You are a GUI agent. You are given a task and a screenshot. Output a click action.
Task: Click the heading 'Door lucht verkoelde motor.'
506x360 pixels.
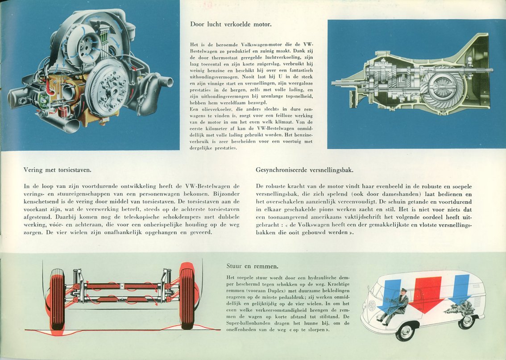231,24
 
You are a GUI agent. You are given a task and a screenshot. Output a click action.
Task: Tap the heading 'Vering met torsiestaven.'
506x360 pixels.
57,170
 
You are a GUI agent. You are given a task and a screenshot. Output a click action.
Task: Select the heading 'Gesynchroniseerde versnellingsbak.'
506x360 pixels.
304,170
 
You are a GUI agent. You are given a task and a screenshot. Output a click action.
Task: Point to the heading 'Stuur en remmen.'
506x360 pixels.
253,266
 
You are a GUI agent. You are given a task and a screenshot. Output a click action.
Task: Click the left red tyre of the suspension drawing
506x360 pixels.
58,299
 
